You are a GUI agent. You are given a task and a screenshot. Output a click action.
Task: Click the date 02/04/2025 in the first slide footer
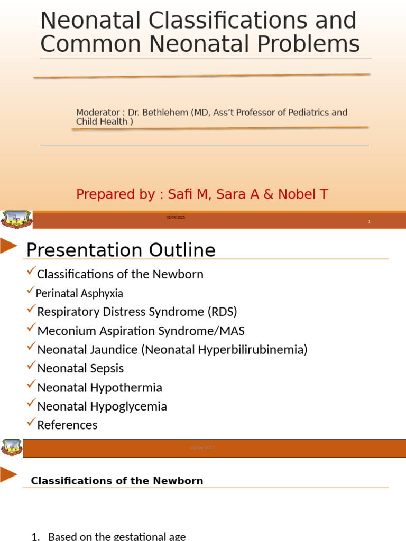tap(176, 218)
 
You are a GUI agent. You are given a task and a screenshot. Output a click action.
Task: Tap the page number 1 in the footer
tap(369, 222)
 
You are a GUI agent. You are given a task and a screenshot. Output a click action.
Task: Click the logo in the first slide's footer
tap(16, 219)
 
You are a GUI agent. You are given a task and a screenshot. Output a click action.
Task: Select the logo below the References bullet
tap(12, 447)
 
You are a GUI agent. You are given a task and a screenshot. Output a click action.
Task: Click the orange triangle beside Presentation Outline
tap(8, 246)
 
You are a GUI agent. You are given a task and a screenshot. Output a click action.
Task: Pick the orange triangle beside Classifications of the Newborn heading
tap(8, 474)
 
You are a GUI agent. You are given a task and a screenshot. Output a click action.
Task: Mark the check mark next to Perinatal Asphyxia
tap(30, 291)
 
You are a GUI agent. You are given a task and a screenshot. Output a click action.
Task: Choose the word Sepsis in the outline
tap(107, 368)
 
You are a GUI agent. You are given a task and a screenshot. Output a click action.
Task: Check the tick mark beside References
tap(31, 423)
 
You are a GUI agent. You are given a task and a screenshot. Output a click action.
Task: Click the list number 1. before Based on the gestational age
tap(36, 537)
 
